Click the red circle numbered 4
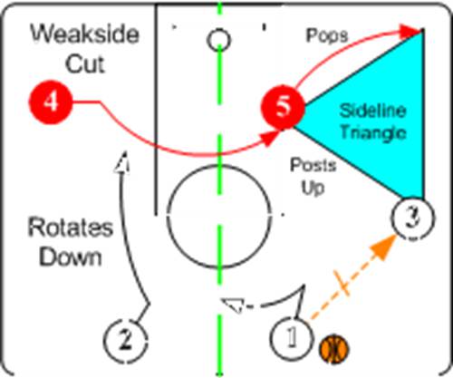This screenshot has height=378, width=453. (51, 102)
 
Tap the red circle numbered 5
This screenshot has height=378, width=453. (283, 107)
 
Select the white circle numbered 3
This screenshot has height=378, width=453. (413, 218)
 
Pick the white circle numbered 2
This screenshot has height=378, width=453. (126, 340)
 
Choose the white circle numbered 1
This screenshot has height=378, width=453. (291, 338)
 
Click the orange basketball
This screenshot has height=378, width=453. (334, 349)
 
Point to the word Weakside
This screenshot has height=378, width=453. (85, 34)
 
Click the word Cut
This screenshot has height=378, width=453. (85, 64)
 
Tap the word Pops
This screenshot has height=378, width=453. (327, 35)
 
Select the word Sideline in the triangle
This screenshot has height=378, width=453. (372, 111)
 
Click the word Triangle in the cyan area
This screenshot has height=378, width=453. (373, 133)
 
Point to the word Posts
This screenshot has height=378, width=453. (313, 165)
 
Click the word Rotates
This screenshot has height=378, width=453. (71, 228)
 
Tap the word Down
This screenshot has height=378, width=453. (71, 257)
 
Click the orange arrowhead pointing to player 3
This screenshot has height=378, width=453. (385, 247)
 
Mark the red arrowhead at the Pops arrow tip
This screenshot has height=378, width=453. (410, 31)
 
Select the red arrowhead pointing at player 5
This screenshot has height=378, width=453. (270, 138)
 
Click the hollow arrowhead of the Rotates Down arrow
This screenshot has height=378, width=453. (122, 162)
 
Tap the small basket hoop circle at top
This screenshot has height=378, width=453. (219, 40)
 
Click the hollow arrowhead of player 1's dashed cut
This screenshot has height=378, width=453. (233, 305)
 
